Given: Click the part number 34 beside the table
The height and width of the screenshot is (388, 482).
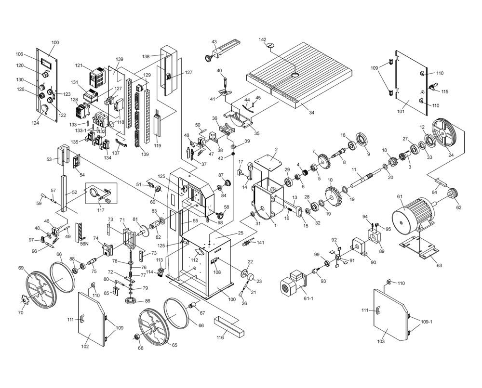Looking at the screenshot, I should (x=311, y=113).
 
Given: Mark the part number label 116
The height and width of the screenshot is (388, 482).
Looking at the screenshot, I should (x=221, y=338).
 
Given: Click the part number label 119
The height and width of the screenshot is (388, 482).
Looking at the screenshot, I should (x=157, y=145).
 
